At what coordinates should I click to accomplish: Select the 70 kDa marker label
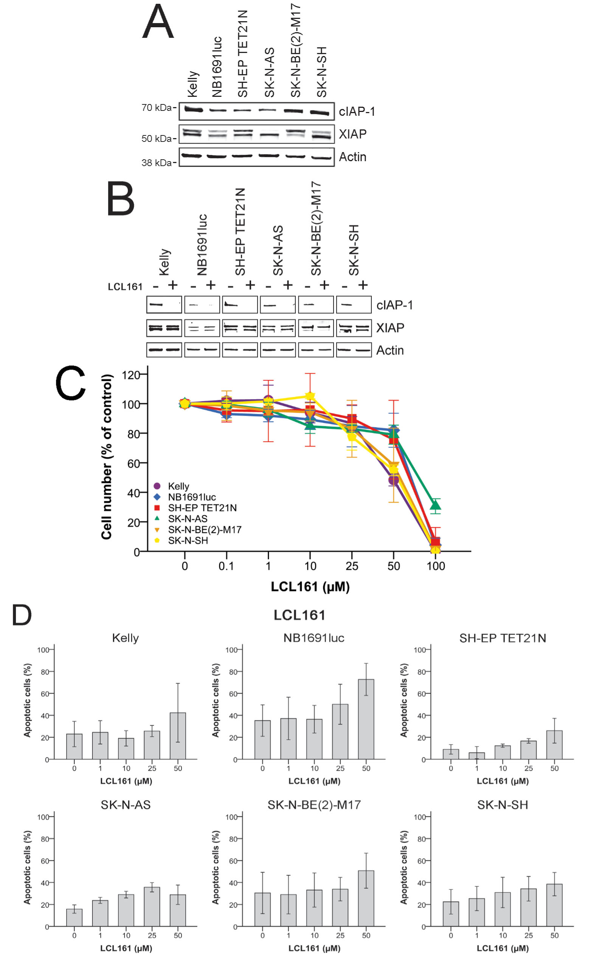157,108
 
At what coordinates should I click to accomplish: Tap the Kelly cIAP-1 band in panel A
193,110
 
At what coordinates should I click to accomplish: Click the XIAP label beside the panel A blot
352,134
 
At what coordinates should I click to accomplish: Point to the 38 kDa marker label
157,162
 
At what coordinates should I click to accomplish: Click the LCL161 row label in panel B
125,287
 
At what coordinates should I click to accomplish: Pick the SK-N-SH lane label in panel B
354,250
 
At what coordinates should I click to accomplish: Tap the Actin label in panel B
390,350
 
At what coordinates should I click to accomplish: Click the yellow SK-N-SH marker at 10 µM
310,396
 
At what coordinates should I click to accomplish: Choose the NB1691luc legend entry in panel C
192,497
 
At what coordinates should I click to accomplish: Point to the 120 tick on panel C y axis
131,375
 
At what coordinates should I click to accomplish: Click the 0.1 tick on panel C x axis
226,566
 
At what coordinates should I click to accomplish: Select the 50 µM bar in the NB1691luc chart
366,719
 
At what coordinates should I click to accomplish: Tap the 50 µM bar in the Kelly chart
178,736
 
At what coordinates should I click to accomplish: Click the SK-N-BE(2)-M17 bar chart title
314,805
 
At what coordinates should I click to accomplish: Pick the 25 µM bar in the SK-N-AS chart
152,906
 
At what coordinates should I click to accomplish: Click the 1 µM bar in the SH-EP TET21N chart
477,756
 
